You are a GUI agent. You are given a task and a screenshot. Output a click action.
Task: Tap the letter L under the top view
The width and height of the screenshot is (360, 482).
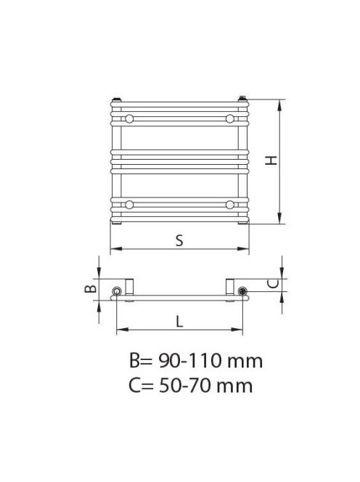click(x=179, y=320)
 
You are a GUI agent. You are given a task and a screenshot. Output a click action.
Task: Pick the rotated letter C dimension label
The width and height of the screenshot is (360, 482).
click(x=271, y=284)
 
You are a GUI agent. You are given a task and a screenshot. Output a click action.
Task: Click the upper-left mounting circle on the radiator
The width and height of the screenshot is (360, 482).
click(x=128, y=118)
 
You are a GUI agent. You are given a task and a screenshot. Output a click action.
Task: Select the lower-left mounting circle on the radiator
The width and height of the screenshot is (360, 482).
click(x=128, y=204)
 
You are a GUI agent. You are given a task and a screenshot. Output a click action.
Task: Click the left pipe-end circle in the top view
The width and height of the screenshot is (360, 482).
click(x=116, y=292)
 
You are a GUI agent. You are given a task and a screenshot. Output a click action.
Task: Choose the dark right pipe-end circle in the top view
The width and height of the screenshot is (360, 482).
click(x=242, y=292)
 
